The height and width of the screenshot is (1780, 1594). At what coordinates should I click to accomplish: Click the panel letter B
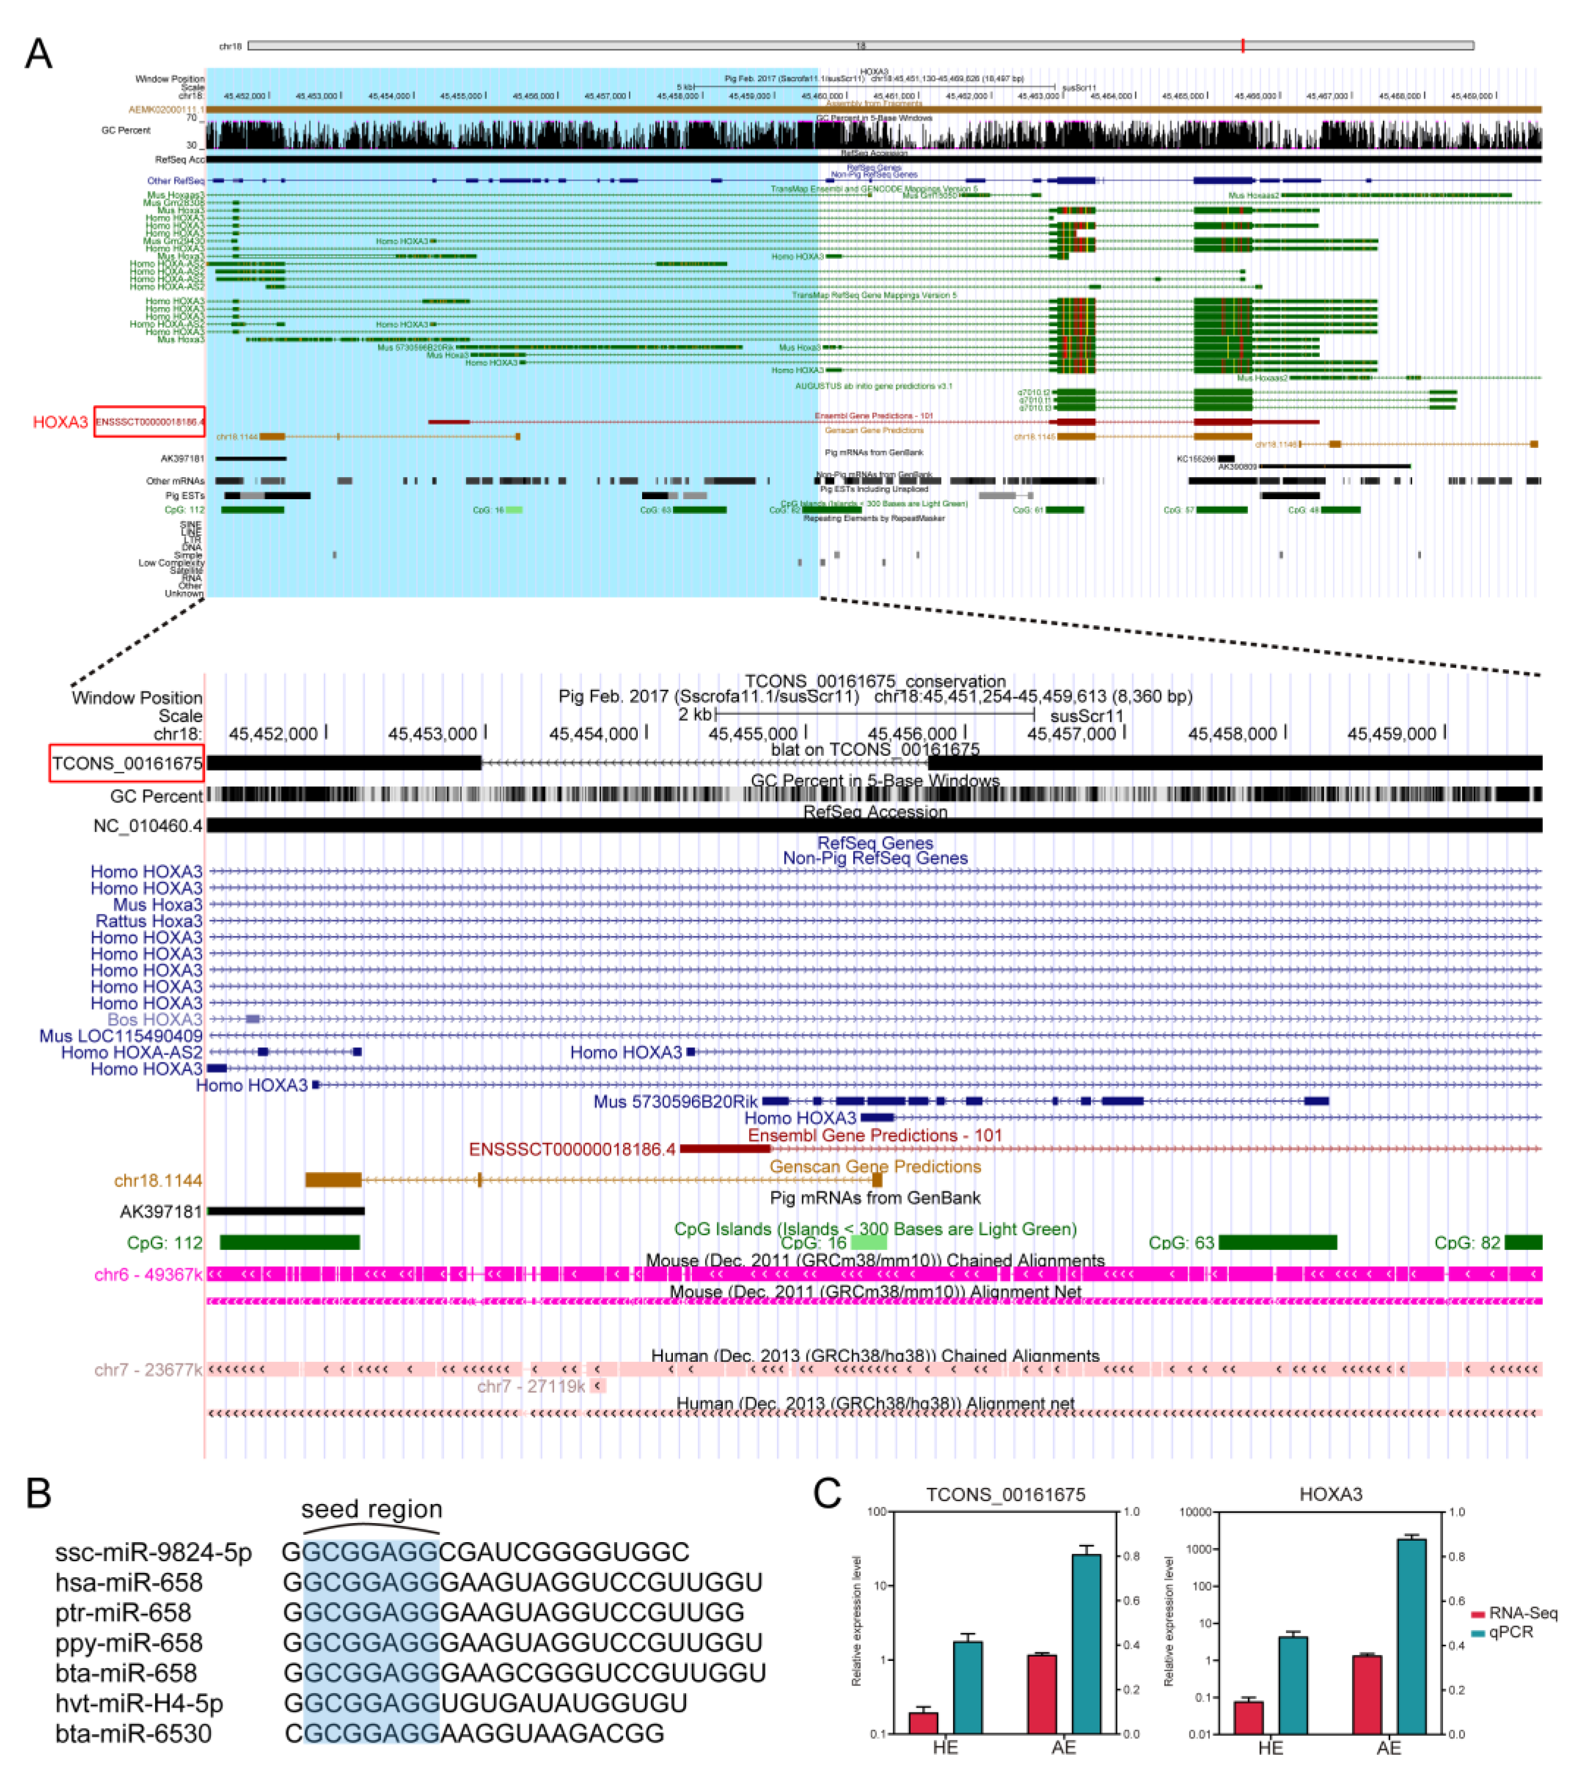[x=39, y=1493]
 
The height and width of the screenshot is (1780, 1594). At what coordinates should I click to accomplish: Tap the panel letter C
[x=827, y=1493]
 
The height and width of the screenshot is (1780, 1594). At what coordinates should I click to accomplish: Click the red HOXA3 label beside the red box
[x=61, y=422]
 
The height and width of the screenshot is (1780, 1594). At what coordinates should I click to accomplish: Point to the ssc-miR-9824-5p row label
[x=153, y=1552]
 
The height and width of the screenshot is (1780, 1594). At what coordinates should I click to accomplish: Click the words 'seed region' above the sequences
[x=371, y=1509]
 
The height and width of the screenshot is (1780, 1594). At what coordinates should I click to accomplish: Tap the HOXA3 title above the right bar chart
[x=1331, y=1495]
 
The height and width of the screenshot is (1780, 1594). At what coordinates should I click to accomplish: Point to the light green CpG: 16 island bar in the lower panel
[x=869, y=1242]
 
